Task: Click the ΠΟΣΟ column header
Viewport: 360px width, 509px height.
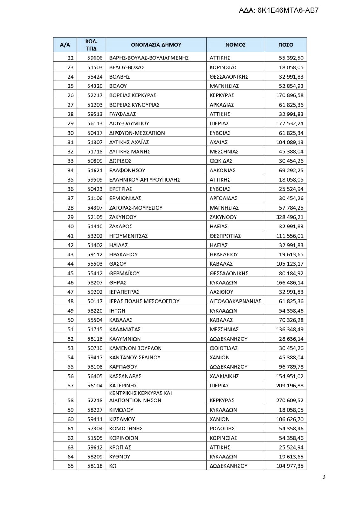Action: point(286,45)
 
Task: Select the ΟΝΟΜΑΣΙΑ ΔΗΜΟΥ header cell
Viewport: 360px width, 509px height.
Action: point(156,45)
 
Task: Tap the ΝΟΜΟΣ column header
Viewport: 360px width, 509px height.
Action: point(235,45)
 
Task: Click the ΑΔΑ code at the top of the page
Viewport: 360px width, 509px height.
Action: point(279,10)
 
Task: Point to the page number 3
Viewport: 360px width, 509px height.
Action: point(324,477)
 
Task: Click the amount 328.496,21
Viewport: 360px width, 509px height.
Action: point(290,217)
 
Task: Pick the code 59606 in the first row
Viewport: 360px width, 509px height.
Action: point(95,58)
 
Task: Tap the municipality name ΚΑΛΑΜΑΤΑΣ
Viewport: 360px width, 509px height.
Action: point(125,329)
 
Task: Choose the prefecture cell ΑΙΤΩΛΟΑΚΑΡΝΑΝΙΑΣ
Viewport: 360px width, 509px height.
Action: point(235,301)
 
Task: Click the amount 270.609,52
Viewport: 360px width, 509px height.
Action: point(290,401)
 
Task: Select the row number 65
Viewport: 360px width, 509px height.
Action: point(70,466)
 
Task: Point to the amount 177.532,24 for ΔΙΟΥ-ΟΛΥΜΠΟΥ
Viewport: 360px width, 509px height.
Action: point(290,123)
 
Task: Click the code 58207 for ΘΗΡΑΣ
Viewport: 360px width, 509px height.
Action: point(95,282)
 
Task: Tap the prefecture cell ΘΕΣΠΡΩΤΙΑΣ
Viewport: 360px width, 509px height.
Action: point(225,236)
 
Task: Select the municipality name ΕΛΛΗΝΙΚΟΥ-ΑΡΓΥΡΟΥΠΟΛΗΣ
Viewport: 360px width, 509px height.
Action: point(145,180)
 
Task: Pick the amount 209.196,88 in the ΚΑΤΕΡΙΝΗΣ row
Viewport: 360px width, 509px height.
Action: point(290,386)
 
